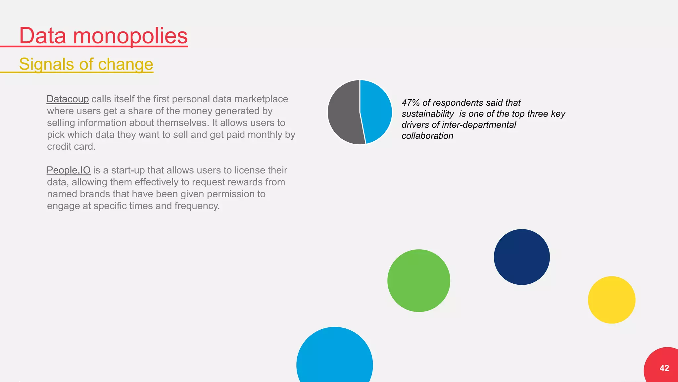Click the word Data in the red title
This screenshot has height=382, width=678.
[42, 36]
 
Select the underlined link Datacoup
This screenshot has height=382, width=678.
[68, 99]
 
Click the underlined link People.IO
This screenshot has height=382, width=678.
[69, 170]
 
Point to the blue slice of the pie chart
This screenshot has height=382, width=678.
[377, 111]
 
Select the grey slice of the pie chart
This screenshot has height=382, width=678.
[343, 113]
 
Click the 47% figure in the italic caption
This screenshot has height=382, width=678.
[410, 103]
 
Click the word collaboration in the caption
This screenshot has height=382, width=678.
[427, 136]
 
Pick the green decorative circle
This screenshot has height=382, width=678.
[418, 280]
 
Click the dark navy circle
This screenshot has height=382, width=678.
[521, 257]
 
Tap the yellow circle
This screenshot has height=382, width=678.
[611, 300]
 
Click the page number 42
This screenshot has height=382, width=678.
[664, 368]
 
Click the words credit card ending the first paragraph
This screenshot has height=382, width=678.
[71, 147]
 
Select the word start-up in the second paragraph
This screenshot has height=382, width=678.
[128, 170]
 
